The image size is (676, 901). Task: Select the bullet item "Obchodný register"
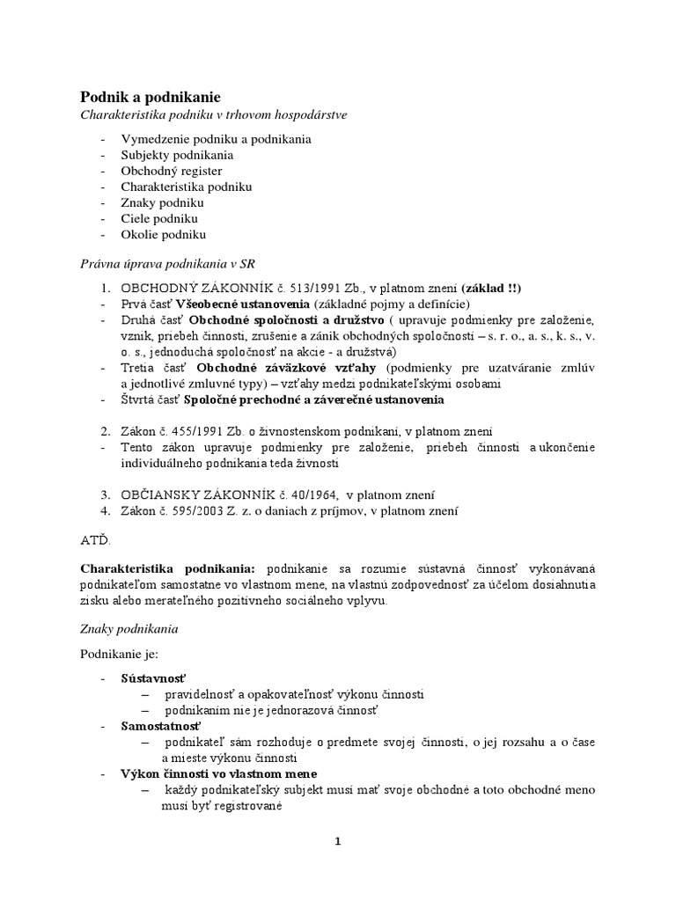(x=172, y=171)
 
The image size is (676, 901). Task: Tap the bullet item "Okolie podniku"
(x=164, y=235)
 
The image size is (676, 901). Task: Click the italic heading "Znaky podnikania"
(x=129, y=628)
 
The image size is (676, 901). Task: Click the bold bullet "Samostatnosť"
(x=162, y=726)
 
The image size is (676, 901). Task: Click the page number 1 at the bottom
(x=337, y=841)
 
